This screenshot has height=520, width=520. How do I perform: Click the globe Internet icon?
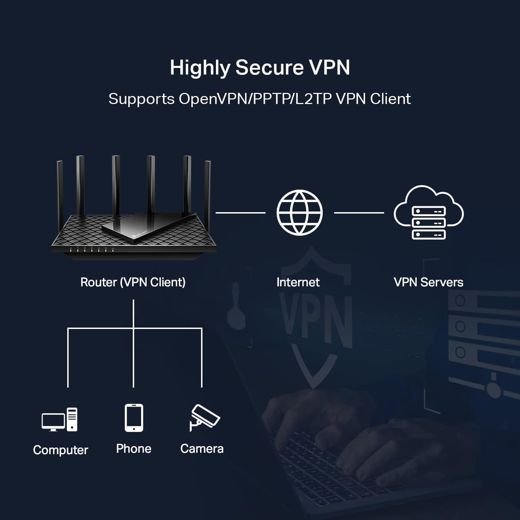point(300,213)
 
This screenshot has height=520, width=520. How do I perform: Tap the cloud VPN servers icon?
point(428,212)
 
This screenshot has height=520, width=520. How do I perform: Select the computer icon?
point(60,420)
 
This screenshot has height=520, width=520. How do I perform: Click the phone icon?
point(134,418)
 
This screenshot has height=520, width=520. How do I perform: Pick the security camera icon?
point(204,417)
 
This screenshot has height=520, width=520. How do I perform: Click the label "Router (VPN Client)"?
point(133,282)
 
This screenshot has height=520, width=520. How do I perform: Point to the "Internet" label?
point(298,282)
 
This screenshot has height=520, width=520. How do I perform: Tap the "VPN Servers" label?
point(428,282)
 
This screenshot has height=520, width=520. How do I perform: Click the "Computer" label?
point(61,450)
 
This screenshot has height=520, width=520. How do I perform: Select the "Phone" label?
point(134,449)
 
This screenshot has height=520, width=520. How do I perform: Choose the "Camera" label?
point(202,449)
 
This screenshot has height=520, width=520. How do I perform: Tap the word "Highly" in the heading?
point(200,68)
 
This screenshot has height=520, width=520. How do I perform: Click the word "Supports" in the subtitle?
point(141,99)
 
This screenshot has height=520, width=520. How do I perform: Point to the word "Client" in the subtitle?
point(390,99)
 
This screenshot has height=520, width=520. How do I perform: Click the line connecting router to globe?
point(240,213)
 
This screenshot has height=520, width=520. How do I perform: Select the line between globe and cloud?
point(359,213)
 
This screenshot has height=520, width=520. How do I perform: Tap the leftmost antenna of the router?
point(60,187)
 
